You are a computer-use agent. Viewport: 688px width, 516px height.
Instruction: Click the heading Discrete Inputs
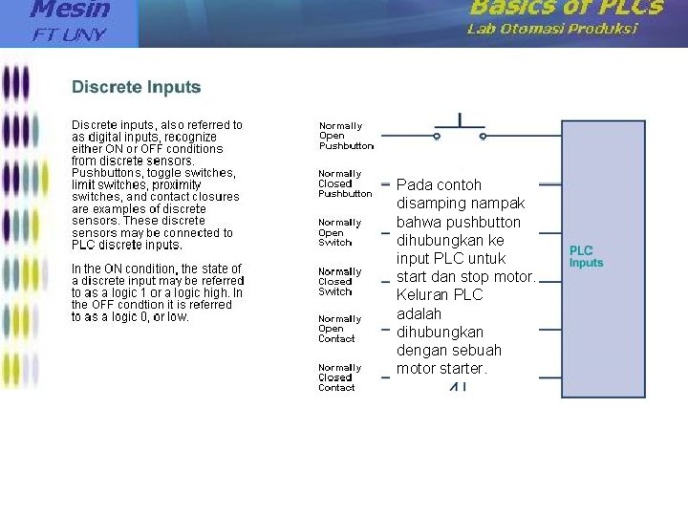[x=137, y=87]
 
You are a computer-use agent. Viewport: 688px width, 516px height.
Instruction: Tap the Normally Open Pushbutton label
[x=345, y=136]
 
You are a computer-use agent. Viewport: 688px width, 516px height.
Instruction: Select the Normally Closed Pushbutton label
[x=345, y=183]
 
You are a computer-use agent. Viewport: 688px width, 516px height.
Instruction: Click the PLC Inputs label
[x=586, y=257]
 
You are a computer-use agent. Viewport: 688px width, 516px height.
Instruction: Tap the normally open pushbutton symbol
[x=460, y=129]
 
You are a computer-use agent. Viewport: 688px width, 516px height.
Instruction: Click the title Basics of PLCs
[x=567, y=8]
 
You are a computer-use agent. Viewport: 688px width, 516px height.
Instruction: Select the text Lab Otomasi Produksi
[x=552, y=29]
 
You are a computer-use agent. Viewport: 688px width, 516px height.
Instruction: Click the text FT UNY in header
[x=70, y=35]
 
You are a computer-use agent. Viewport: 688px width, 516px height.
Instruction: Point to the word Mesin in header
[x=71, y=10]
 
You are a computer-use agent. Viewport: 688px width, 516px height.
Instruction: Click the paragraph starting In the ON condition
[x=158, y=292]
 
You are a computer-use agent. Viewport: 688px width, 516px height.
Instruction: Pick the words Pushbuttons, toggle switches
[x=153, y=173]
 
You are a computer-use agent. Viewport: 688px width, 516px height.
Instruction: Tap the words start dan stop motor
[x=465, y=277]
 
